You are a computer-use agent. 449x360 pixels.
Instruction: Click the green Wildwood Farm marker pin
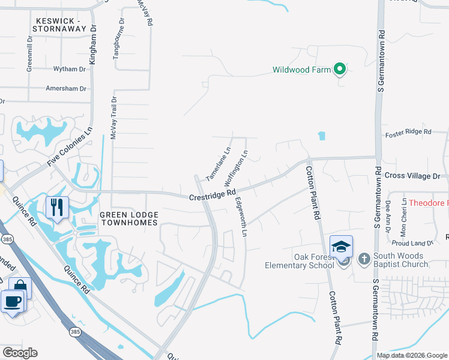coord(339,70)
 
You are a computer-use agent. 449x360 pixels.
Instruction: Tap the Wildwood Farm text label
coord(301,70)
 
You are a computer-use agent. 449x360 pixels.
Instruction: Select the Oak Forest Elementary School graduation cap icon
coord(341,247)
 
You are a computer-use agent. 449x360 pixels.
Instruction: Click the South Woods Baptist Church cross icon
coord(364,259)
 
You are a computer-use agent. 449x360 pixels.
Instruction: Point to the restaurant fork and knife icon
coord(57,208)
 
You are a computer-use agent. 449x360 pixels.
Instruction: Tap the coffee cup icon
coord(13,301)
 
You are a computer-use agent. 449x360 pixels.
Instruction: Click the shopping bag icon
coord(20,288)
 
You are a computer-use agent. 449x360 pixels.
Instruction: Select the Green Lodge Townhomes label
coord(128,218)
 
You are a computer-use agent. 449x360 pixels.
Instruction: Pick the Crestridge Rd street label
coord(212,195)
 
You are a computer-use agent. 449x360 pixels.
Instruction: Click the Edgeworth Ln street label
coord(241,217)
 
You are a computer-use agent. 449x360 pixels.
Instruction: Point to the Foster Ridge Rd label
coord(408,131)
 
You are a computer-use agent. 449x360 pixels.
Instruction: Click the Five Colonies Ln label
coord(70,148)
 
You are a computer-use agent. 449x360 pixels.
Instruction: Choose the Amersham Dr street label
coord(66,88)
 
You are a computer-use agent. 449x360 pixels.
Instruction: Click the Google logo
coord(20,353)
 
